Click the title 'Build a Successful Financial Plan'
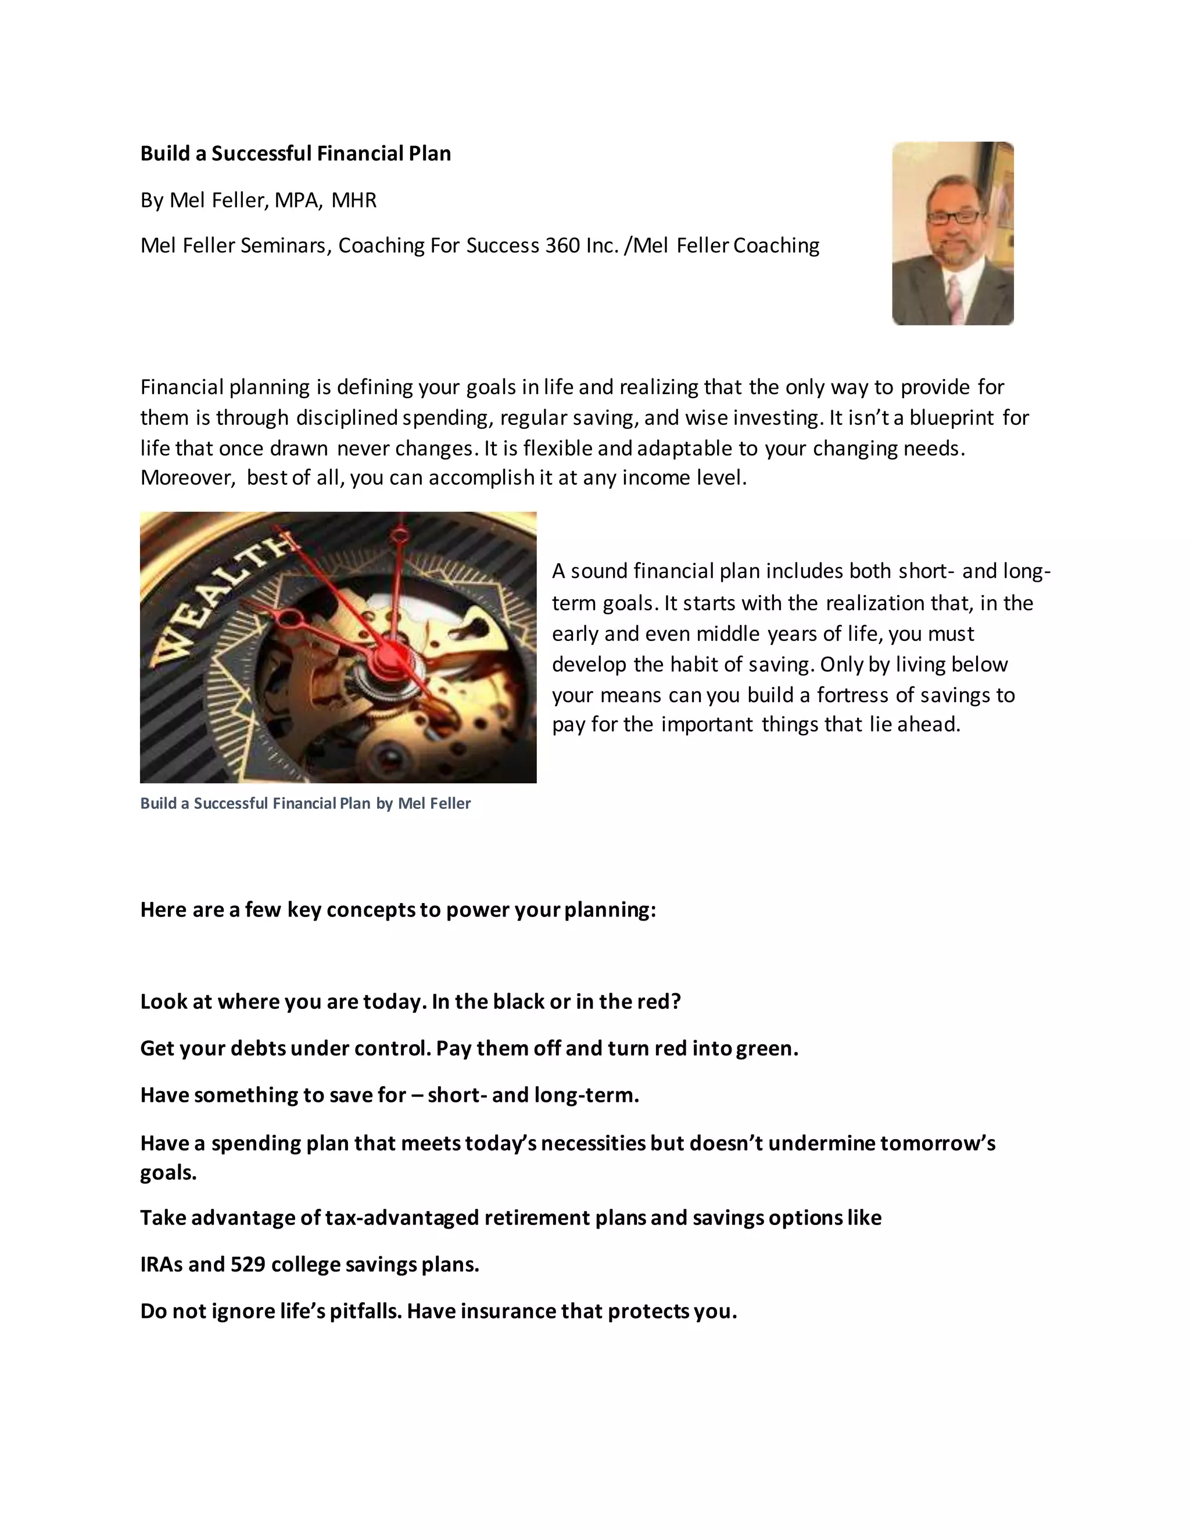click(x=295, y=154)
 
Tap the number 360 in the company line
click(x=562, y=245)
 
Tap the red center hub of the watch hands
click(x=386, y=660)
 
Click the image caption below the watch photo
click(x=305, y=803)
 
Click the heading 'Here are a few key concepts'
click(x=397, y=909)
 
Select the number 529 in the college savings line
click(x=248, y=1265)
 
